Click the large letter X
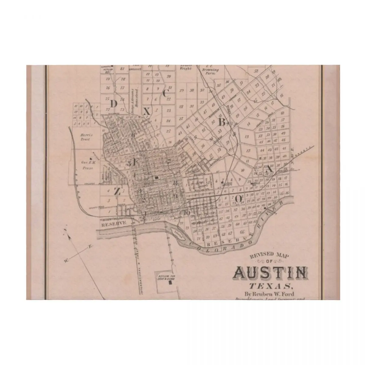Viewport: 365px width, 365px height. point(147,112)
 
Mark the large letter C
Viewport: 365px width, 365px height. point(165,94)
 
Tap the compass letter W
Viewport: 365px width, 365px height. point(65,260)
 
